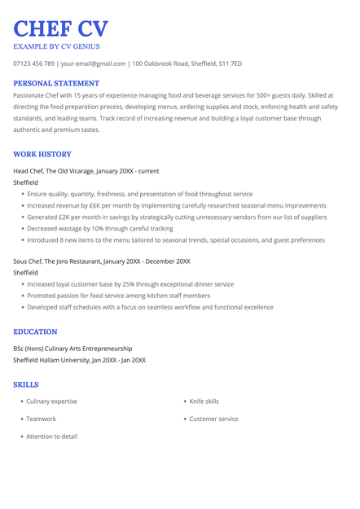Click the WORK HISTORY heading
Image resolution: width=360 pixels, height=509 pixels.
point(42,154)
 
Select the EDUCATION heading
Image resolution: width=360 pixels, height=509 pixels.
point(35,332)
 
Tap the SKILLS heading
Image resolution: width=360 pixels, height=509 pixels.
point(26,384)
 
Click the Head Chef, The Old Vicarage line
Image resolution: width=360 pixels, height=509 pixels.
point(86,171)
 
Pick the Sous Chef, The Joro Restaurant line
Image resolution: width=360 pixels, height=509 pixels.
point(102,261)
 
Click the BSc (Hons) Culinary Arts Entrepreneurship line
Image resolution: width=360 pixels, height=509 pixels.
point(72,349)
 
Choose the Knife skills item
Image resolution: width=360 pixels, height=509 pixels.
point(204,401)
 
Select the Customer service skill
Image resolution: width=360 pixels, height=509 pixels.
point(213,419)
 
